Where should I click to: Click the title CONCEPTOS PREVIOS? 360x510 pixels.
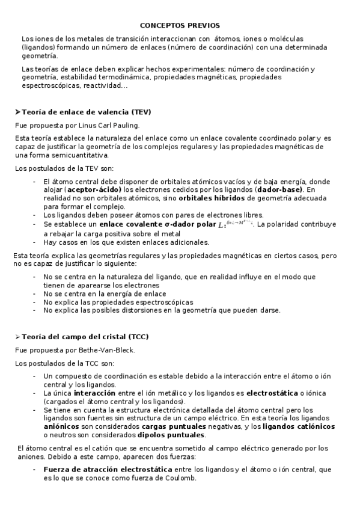(180, 25)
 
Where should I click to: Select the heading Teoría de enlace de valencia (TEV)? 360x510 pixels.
(87, 112)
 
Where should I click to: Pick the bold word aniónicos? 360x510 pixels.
(63, 426)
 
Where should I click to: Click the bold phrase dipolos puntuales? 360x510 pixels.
(171, 435)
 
